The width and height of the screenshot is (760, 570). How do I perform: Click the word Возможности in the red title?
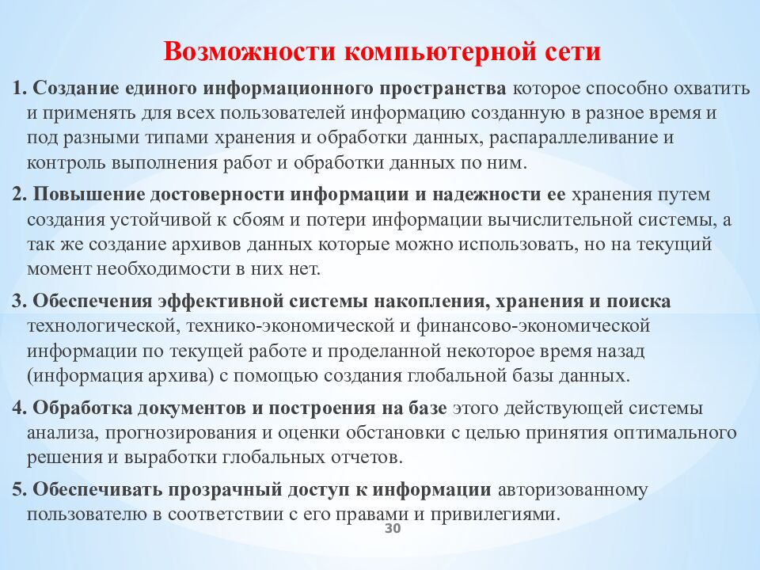249,51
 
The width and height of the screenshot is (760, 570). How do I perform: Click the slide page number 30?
393,528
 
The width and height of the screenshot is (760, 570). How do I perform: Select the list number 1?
19,89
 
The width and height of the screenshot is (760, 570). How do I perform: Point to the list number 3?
19,301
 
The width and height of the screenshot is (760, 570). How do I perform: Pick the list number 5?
19,489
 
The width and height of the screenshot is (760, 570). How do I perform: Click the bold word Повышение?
89,195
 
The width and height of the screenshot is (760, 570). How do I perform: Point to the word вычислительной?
560,220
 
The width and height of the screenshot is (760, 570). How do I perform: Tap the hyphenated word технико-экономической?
291,326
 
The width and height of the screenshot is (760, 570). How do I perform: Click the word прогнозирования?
180,433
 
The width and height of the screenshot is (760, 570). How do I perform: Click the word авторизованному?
572,491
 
